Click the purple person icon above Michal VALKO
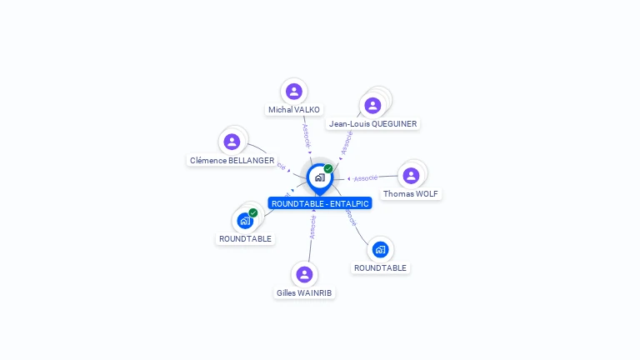coord(293,91)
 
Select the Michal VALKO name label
coord(293,109)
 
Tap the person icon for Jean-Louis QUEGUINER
coord(372,105)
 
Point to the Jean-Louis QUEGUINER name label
coord(372,124)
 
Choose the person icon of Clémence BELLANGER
coord(232,142)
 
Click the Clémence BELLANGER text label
coord(232,160)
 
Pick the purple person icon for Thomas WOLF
coord(411,175)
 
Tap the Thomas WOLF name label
coord(410,194)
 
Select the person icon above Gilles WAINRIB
coord(305,274)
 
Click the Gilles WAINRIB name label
coord(305,292)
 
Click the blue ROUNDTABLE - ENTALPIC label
coord(320,203)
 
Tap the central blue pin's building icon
coord(319,177)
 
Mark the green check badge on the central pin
coord(328,168)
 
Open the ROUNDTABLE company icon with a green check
coord(245,221)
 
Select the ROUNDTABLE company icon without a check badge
coord(380,249)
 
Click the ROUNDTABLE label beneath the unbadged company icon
coord(380,267)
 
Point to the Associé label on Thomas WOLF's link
coord(365,177)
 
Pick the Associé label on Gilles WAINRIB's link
coord(312,227)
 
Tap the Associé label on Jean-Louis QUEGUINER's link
coord(347,142)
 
